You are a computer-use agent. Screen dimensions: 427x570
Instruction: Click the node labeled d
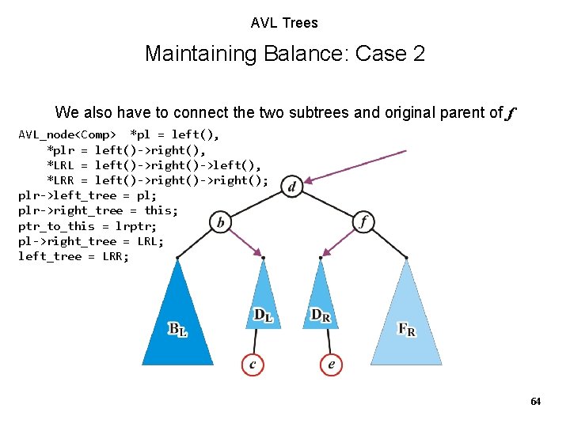click(x=292, y=187)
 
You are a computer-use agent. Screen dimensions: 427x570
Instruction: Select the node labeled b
click(x=220, y=222)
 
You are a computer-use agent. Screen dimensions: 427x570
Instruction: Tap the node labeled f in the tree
click(x=363, y=221)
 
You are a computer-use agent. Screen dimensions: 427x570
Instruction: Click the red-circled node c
click(x=253, y=364)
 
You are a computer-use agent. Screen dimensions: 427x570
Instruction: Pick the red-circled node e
click(x=331, y=364)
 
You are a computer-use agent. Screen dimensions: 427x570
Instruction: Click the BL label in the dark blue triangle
click(x=178, y=329)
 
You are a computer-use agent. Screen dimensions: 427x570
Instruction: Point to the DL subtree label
click(x=263, y=316)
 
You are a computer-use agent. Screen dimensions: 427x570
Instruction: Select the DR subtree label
click(x=321, y=316)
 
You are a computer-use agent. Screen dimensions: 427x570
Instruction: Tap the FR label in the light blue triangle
click(x=406, y=329)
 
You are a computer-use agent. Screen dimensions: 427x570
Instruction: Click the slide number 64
click(x=535, y=402)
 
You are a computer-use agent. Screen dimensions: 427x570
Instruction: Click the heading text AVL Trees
click(x=284, y=23)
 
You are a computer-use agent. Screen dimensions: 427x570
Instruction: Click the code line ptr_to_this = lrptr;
click(x=86, y=225)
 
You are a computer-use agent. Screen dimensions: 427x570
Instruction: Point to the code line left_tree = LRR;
click(x=74, y=256)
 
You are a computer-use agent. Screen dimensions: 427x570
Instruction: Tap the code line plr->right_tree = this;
click(x=98, y=210)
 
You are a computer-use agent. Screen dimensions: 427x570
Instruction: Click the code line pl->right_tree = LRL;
click(x=91, y=241)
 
